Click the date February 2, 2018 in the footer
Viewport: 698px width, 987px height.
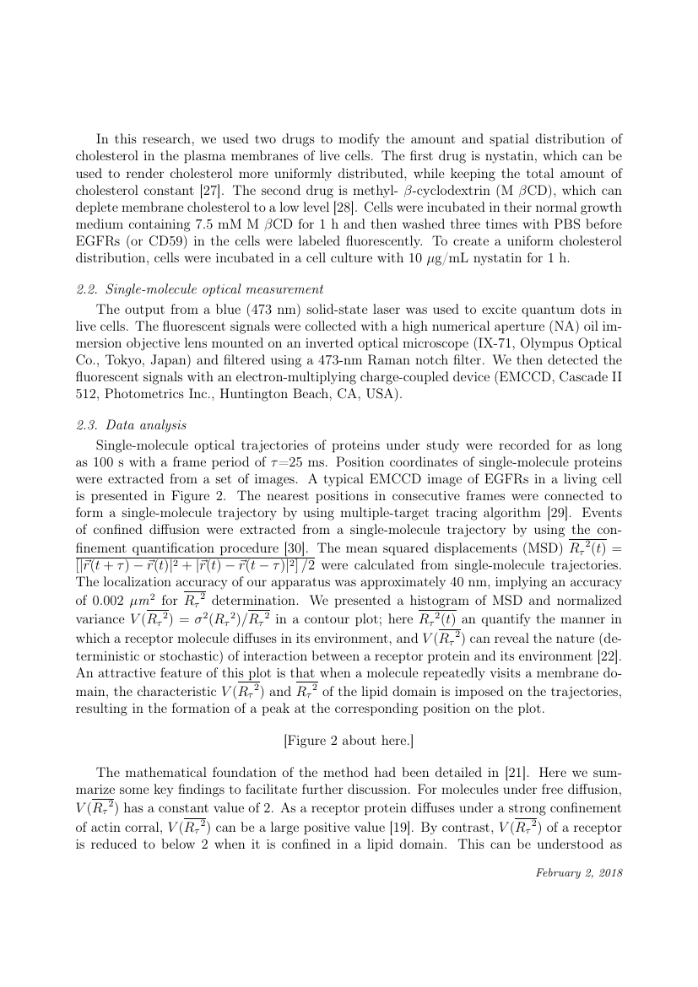click(579, 872)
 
